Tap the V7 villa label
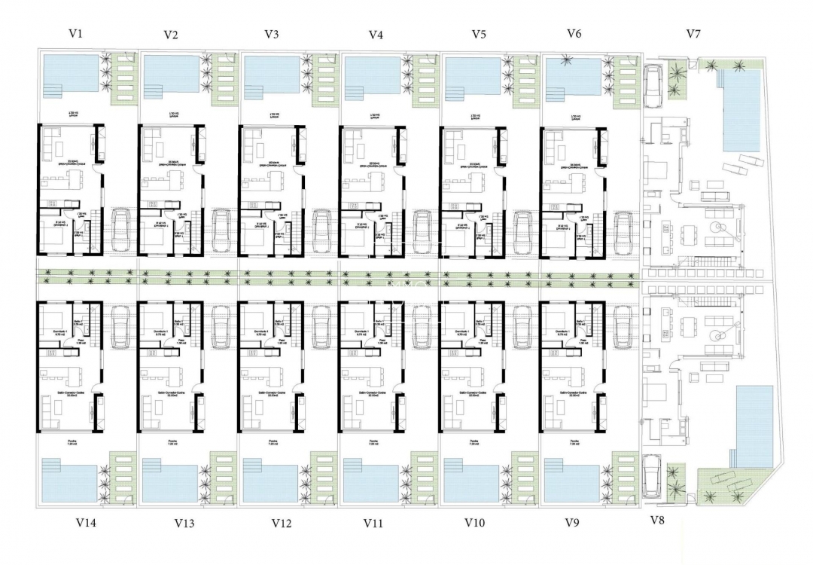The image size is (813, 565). [694, 34]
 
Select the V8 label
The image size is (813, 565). [657, 520]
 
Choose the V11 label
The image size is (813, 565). [375, 522]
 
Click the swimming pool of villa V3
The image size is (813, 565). [271, 75]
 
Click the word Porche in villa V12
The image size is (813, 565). [273, 441]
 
